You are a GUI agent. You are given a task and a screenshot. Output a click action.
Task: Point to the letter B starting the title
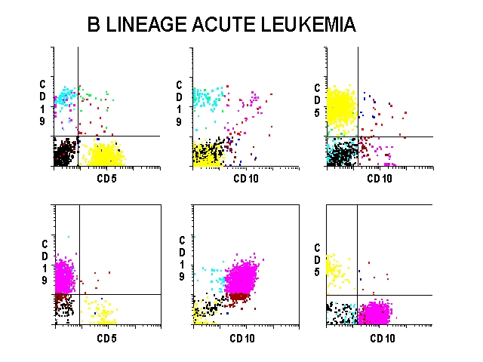94,25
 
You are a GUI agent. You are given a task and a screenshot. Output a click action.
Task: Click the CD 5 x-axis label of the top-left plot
106,179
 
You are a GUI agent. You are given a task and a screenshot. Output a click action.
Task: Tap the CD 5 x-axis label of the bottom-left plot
106,337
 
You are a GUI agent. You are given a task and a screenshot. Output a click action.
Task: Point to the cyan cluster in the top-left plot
66,97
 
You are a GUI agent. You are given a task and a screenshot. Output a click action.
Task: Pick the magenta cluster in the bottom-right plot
374,312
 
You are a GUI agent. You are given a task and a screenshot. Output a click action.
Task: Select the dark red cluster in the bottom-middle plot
240,296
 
